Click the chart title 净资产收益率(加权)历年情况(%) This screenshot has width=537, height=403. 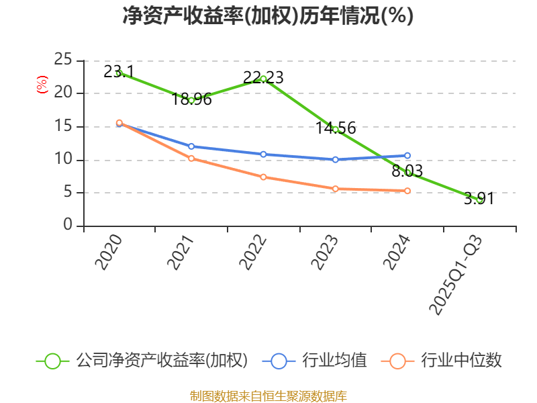tap(268, 16)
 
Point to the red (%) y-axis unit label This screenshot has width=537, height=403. tap(42, 85)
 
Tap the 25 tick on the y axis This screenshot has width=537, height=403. tap(63, 60)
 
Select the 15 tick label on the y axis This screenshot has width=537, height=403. tap(63, 126)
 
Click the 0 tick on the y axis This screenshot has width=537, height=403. tap(68, 225)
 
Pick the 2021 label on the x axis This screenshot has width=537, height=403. tap(181, 253)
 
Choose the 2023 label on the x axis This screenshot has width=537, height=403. tap(325, 253)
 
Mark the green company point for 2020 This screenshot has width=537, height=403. tap(119, 73)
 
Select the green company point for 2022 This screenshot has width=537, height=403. tap(263, 79)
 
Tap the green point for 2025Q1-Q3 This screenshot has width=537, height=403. tap(479, 199)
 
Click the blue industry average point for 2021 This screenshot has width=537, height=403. tap(191, 146)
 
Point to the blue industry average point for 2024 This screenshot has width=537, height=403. tap(407, 155)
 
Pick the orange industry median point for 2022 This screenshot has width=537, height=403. tap(263, 177)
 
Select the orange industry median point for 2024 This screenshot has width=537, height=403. tap(407, 191)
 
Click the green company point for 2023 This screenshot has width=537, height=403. tap(336, 128)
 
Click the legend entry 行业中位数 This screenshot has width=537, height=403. tap(443, 361)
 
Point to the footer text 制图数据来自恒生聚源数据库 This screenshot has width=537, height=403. tap(268, 396)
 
